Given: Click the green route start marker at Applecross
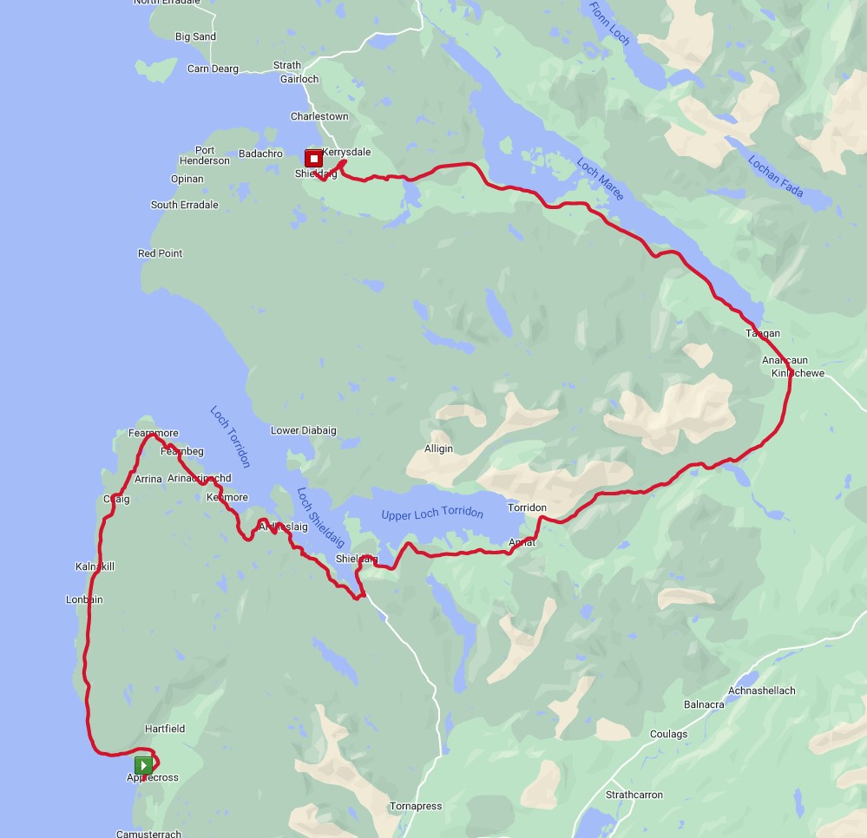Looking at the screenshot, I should [x=144, y=765].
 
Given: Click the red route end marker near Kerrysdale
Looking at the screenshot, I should [x=313, y=158].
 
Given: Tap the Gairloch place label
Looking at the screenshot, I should [x=299, y=79].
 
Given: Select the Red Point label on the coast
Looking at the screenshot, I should [x=161, y=253].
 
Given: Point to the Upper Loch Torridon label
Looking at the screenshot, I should [x=432, y=513].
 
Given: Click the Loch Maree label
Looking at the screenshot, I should [x=600, y=179].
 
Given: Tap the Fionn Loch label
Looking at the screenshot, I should [x=610, y=24].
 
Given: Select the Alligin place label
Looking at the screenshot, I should [x=438, y=448].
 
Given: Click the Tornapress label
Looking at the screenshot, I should [x=416, y=806].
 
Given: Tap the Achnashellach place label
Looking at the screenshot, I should [x=762, y=691].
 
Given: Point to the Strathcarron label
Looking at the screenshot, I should [x=634, y=795].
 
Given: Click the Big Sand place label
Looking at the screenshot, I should [x=195, y=37].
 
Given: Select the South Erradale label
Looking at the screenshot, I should [x=185, y=205].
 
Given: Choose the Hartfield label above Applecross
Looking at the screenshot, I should [x=165, y=729].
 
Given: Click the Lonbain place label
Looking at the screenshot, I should [x=84, y=599].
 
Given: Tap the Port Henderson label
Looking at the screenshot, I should [x=205, y=155].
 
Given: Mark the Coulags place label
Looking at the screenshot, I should [x=668, y=734].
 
